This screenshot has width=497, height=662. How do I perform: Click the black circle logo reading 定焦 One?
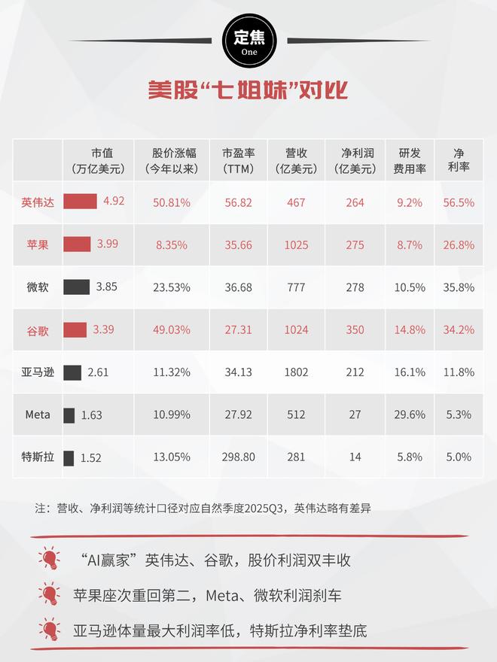[x=248, y=41]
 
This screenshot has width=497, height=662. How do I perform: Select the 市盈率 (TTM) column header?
[x=238, y=160]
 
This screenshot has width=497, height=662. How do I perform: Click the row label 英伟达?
[x=37, y=202]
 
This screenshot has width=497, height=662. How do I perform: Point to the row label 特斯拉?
[x=37, y=457]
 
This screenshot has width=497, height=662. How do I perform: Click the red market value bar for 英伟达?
[x=80, y=202]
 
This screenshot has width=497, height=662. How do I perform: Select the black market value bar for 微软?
[x=77, y=287]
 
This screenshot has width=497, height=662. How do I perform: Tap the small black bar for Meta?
[x=69, y=415]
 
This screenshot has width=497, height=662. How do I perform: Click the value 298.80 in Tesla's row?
[x=238, y=457]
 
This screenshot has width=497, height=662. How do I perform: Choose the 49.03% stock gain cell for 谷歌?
[x=172, y=329]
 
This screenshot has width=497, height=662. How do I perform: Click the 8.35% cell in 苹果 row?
[x=172, y=244]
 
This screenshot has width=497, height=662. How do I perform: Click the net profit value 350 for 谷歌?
[x=355, y=329]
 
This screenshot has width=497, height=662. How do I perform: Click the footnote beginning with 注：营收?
[x=203, y=509]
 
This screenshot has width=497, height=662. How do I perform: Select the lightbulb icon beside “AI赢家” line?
[x=50, y=560]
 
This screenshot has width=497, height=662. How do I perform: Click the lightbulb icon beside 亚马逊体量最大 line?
[x=50, y=630]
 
